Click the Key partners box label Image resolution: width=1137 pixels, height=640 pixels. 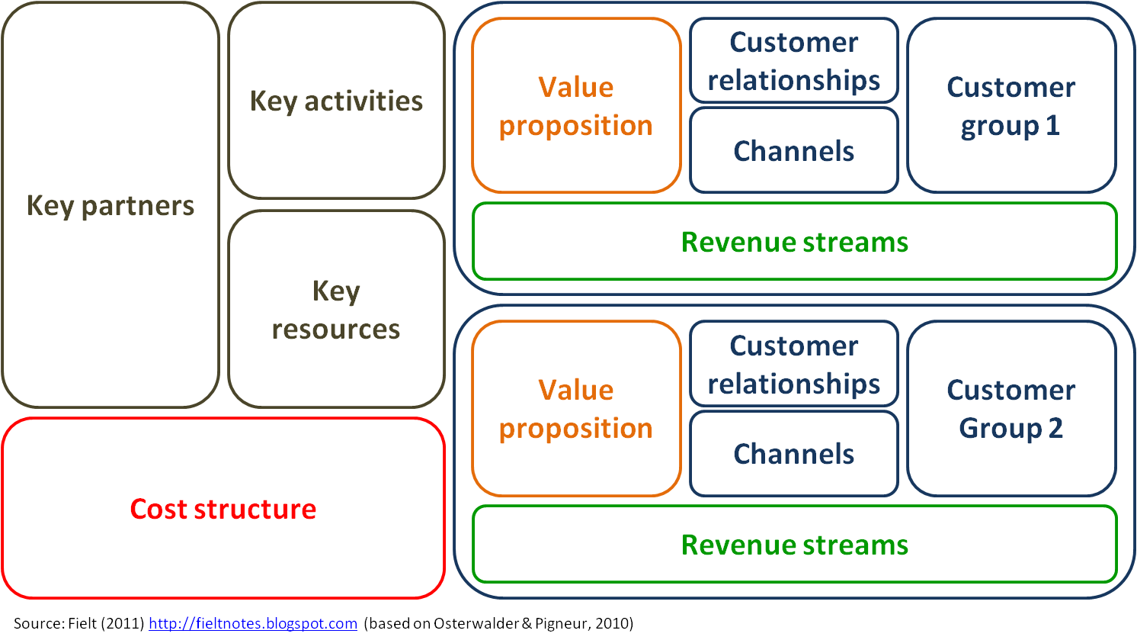(x=110, y=206)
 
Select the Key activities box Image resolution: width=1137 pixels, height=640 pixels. (x=336, y=101)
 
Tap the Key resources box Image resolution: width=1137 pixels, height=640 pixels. (x=336, y=310)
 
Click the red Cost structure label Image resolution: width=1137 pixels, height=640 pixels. (x=223, y=509)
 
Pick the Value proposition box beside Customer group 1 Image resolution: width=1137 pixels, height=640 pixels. (x=576, y=106)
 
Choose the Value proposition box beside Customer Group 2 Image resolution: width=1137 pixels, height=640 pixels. (x=576, y=409)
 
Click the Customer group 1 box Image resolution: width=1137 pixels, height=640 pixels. (x=1011, y=106)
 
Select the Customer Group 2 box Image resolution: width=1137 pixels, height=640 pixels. (x=1011, y=409)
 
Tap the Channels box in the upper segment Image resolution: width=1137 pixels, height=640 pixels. (x=793, y=151)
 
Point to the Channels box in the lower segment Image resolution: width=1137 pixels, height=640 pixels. (x=793, y=454)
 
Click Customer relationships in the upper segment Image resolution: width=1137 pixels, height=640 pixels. (x=793, y=61)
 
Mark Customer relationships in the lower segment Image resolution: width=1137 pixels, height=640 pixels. (x=793, y=365)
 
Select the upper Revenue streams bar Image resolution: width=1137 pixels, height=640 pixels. (x=794, y=242)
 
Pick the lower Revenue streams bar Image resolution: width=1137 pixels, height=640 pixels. (x=794, y=545)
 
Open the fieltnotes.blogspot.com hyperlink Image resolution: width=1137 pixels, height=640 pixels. (x=252, y=623)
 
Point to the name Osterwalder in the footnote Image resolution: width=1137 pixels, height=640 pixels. (x=476, y=623)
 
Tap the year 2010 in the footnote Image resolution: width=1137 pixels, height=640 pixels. (x=612, y=623)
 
